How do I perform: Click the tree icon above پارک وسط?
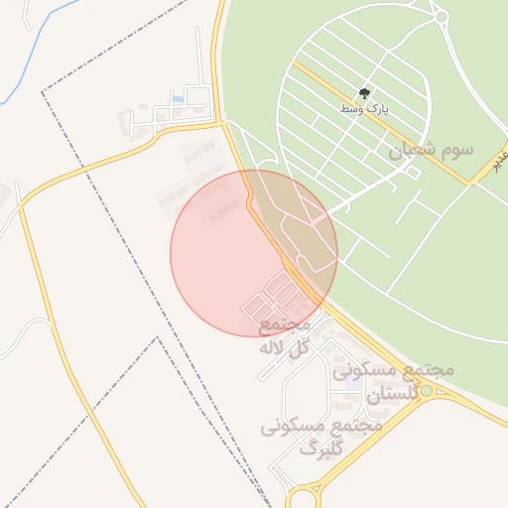366,92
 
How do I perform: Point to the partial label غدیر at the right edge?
501,159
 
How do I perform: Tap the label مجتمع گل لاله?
285,336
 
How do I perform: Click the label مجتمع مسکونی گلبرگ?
320,438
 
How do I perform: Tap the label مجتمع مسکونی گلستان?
394,382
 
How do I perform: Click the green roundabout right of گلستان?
427,391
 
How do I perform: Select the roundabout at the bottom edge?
305,496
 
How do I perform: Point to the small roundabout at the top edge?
439,14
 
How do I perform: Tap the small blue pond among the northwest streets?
178,98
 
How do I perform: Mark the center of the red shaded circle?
254,253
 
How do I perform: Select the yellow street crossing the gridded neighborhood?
377,119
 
